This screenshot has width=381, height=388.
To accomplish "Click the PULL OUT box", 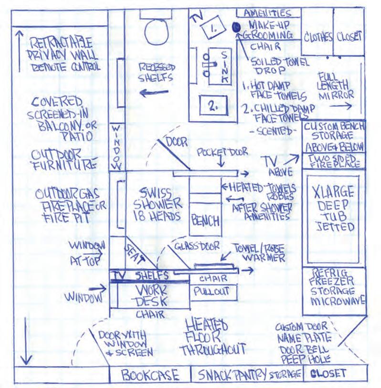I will click(x=211, y=291).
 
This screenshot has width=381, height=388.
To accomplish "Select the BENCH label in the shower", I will click(x=206, y=220).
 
